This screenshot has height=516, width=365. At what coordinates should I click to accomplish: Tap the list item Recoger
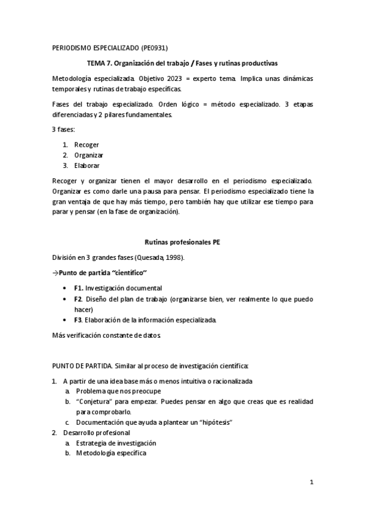click(87, 145)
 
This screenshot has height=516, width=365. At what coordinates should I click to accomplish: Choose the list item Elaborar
click(87, 166)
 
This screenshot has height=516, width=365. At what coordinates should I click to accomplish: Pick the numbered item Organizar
click(89, 155)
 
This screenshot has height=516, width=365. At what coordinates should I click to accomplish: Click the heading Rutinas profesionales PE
click(182, 242)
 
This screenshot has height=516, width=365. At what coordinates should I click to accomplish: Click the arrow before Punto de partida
click(55, 272)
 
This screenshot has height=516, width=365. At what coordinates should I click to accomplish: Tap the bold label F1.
click(78, 288)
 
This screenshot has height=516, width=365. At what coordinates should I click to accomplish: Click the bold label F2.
click(78, 299)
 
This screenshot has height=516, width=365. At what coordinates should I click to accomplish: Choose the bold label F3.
click(78, 320)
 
